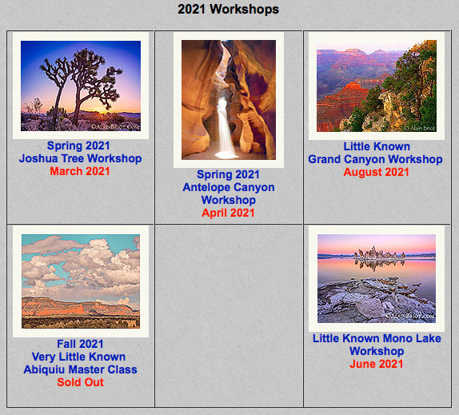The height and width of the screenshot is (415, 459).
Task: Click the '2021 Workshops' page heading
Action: point(229,9)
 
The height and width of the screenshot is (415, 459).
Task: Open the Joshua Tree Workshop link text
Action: point(80,158)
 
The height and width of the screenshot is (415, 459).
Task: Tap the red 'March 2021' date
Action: point(80,171)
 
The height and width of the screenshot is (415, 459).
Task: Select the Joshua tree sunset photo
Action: point(81,86)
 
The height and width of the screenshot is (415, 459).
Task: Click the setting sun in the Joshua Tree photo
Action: point(102,112)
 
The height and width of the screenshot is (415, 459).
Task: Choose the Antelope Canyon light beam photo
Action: point(229,100)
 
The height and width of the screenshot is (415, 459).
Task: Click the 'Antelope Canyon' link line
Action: point(229,187)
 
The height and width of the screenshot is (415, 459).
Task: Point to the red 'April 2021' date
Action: point(228,213)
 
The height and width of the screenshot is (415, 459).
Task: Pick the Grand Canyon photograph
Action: point(377,86)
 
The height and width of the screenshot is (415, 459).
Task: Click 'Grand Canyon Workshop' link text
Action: point(375,159)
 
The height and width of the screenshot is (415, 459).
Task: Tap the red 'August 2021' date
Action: point(376,172)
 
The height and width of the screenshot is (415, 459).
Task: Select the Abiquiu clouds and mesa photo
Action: point(81,281)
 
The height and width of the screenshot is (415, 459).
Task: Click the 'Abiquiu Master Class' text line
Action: point(80,369)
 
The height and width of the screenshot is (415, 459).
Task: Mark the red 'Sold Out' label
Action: point(80,382)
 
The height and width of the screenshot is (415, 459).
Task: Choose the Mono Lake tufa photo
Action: point(377,278)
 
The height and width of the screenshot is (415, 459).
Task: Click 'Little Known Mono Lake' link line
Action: point(377,338)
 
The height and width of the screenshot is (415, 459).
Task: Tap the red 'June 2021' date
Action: point(376,364)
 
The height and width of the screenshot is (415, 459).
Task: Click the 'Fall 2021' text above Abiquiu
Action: point(80,344)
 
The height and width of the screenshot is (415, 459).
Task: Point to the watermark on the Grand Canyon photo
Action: point(420,128)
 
